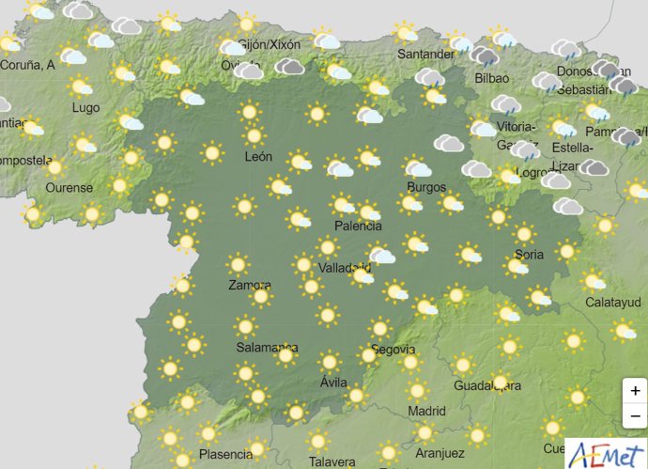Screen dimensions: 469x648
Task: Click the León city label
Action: tap(258, 157)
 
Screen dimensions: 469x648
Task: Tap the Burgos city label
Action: tap(426, 187)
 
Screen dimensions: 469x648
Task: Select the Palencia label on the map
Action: tap(359, 227)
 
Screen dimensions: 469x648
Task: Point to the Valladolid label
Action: tap(344, 268)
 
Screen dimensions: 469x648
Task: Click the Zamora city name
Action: tap(250, 286)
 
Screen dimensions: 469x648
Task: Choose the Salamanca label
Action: tap(267, 347)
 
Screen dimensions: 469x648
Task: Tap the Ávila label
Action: tap(333, 383)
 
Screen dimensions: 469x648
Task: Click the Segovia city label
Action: tap(393, 350)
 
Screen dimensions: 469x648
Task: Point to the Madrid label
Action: tap(426, 412)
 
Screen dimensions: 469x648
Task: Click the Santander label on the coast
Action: tap(426, 55)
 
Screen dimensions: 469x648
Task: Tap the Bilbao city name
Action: tap(492, 79)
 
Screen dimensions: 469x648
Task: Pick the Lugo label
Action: tap(85, 108)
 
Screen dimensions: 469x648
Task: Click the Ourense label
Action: tap(69, 188)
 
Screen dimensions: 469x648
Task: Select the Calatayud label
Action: tap(612, 303)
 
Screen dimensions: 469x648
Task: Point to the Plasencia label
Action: tap(225, 455)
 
